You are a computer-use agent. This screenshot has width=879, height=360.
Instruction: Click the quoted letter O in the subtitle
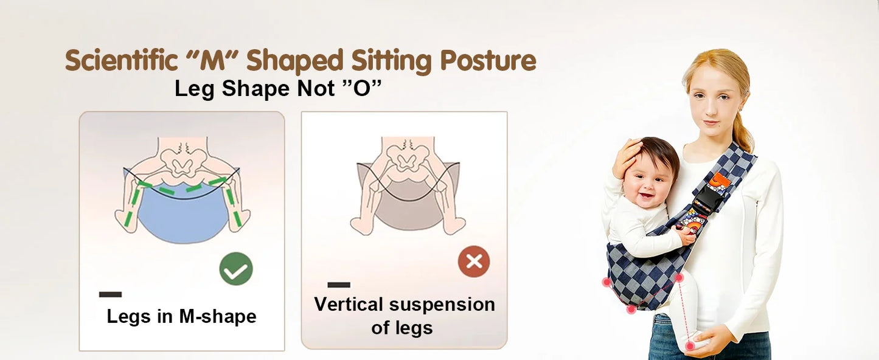[364, 89]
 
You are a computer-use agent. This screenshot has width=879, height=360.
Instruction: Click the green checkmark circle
[236, 269]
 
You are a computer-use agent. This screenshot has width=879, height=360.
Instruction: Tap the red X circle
[474, 261]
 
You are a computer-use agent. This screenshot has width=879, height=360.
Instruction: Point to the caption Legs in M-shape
[181, 316]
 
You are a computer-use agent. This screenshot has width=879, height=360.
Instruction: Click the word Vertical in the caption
[348, 304]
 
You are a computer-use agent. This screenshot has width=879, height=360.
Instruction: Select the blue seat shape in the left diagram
[182, 219]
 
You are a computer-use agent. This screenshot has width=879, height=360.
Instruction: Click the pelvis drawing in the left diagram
[182, 159]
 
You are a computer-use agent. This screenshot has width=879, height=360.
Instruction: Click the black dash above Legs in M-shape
[110, 294]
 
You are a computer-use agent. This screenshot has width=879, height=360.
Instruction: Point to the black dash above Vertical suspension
[339, 285]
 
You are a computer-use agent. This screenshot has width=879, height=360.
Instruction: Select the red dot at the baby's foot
[690, 345]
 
